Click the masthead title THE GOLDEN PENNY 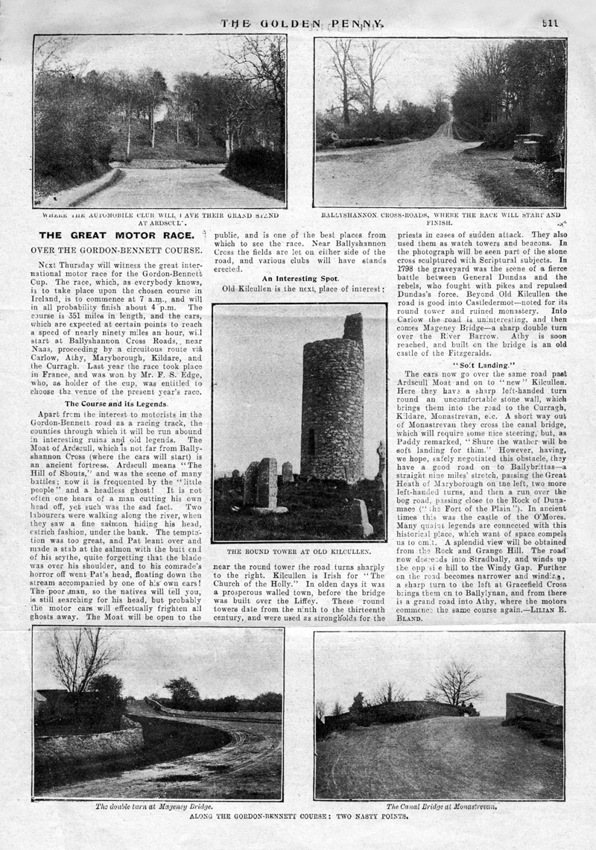(302, 23)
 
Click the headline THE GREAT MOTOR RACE (116, 237)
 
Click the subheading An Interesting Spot (300, 277)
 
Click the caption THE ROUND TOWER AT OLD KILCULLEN (299, 552)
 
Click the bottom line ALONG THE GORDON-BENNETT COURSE (298, 816)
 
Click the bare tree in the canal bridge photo (456, 682)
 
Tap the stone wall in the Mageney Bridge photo (89, 740)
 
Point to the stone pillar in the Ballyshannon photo (527, 147)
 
